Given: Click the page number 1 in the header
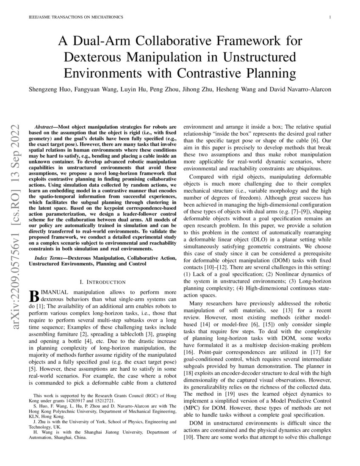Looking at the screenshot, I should pos(329,17).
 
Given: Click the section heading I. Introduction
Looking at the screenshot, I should pos(102,282).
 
